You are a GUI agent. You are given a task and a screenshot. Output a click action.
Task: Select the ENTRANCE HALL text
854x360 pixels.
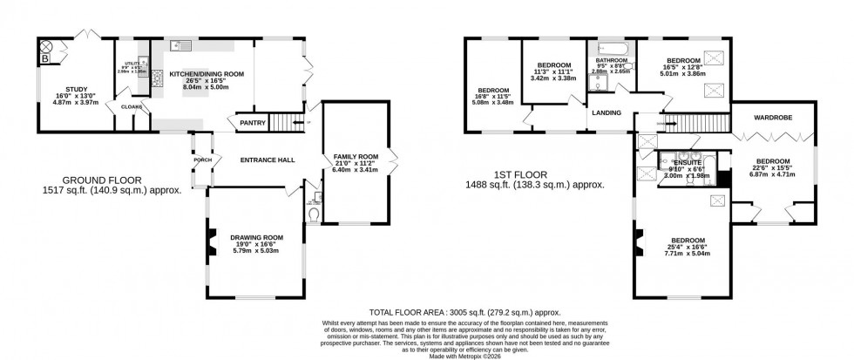point(268,160)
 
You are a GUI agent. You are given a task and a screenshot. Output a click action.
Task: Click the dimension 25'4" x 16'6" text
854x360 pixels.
point(688,247)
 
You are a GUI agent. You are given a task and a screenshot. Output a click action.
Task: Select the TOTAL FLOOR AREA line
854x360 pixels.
point(464,311)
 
